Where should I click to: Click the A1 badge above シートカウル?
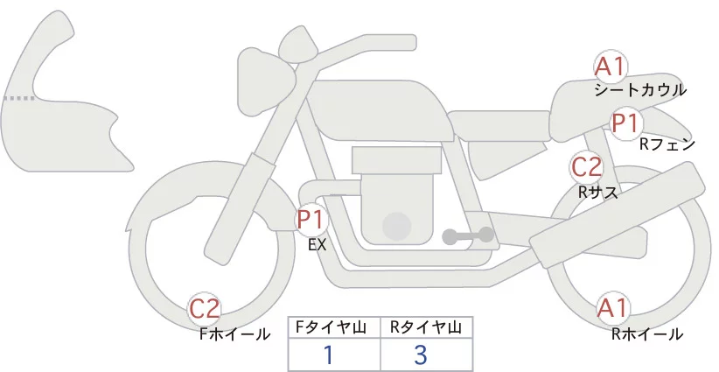click(611, 67)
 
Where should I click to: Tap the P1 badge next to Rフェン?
click(626, 123)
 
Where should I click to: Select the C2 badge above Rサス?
click(586, 167)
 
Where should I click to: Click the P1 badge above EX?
click(311, 219)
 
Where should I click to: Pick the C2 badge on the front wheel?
click(206, 309)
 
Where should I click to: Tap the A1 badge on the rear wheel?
click(612, 308)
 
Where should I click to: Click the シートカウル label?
click(639, 90)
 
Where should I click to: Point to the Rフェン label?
click(667, 144)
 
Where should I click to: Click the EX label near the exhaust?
click(317, 245)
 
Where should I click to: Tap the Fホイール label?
click(234, 334)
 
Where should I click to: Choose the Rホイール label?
click(647, 333)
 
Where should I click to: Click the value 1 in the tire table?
click(328, 354)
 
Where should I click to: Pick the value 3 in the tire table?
click(420, 354)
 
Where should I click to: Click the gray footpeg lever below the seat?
click(468, 235)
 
